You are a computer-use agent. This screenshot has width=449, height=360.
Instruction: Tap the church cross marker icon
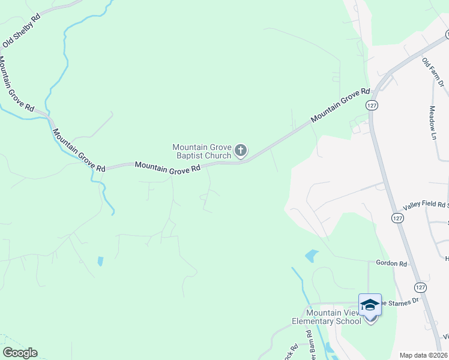click(x=241, y=151)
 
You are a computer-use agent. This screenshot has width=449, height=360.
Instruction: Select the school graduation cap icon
click(x=370, y=305)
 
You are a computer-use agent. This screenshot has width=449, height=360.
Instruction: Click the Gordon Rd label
click(x=391, y=263)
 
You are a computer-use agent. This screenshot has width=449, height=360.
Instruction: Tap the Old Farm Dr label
click(x=432, y=73)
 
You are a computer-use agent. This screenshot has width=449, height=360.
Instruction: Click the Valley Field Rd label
click(x=424, y=205)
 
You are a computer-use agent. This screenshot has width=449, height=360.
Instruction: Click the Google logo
click(x=20, y=353)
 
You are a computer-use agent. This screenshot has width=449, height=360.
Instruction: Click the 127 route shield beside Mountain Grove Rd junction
click(x=372, y=105)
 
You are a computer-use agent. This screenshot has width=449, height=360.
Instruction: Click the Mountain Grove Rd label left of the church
click(x=167, y=167)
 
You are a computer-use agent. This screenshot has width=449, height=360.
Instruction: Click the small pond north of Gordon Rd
click(x=310, y=256)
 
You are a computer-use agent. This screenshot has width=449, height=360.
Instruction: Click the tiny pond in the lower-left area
click(x=100, y=261)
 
